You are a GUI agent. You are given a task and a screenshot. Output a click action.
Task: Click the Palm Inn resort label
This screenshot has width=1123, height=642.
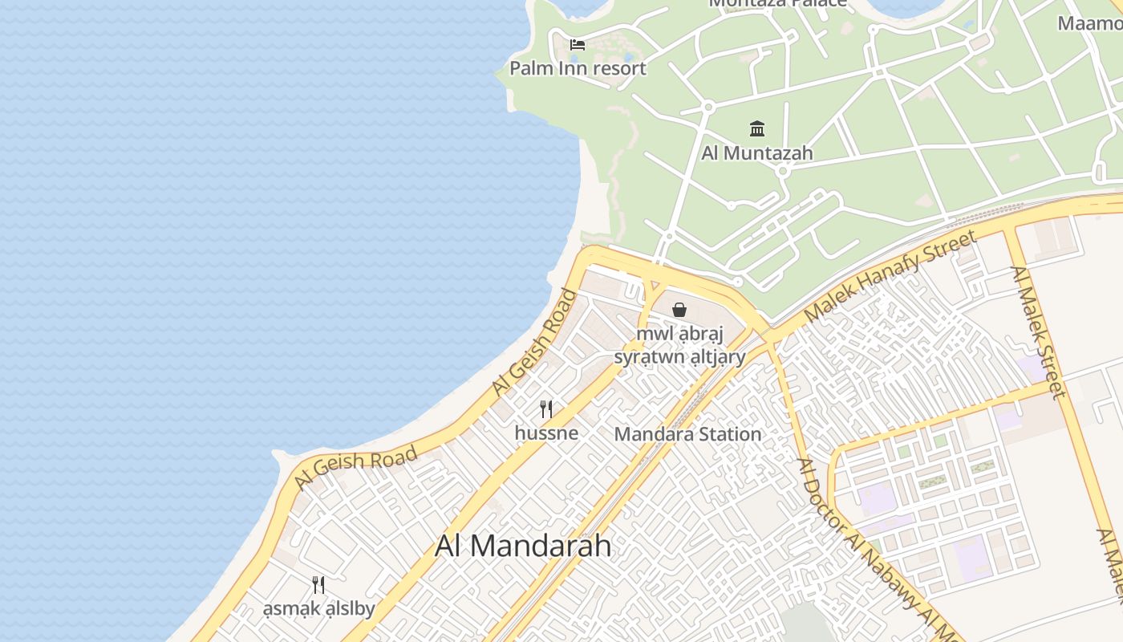point(578,68)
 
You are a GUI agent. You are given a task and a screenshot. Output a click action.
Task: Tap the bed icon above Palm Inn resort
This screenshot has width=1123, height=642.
point(578,45)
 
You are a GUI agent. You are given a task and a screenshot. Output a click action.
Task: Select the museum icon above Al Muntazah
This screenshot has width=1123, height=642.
point(757,128)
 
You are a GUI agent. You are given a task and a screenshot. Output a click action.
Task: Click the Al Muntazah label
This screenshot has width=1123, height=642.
point(757,153)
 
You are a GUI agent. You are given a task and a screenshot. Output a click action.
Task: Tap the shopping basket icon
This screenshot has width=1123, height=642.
point(679,310)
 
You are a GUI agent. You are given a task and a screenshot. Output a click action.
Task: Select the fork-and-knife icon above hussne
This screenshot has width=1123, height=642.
point(546,409)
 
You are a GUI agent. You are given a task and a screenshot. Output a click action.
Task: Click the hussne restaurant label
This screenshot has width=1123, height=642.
point(546,433)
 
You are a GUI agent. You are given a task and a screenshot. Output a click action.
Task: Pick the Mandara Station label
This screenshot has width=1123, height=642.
point(687,434)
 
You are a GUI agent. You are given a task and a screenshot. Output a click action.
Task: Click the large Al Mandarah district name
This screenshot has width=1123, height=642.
point(523,546)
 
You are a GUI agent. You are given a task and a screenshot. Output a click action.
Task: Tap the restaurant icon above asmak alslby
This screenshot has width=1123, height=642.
point(319,584)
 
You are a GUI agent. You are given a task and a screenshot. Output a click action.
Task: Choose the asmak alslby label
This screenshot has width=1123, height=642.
point(319,609)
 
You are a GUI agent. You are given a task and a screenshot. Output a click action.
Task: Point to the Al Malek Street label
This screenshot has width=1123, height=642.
point(1039,331)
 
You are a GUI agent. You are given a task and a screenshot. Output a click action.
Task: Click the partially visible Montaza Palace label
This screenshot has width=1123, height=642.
point(777,3)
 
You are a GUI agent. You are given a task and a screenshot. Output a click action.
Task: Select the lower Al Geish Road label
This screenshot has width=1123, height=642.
point(355,468)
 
